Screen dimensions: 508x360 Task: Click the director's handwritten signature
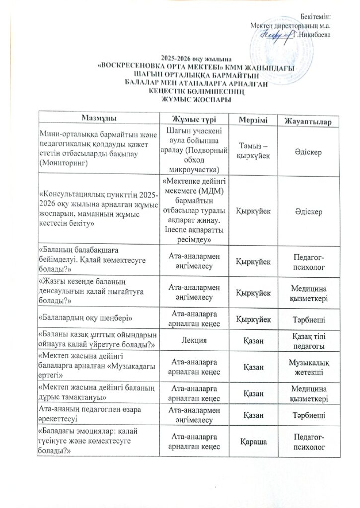[278, 34]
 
